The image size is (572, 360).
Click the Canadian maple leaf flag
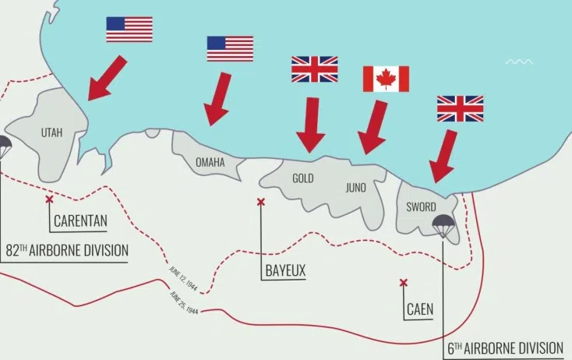[386, 79]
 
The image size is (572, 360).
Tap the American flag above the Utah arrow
[129, 29]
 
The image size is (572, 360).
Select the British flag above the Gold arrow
[314, 69]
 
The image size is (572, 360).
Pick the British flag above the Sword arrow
[460, 108]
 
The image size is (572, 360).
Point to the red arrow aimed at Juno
[373, 127]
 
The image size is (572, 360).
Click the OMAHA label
[210, 163]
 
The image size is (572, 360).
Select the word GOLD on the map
[302, 178]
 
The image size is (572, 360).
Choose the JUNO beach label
[355, 187]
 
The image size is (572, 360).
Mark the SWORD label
[421, 207]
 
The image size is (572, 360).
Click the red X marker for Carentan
[50, 200]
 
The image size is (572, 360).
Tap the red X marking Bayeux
[261, 203]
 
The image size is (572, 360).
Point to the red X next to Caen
[403, 283]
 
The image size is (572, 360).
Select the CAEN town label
[420, 309]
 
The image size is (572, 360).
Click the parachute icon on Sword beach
[444, 226]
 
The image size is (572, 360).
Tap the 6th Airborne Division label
[505, 348]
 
